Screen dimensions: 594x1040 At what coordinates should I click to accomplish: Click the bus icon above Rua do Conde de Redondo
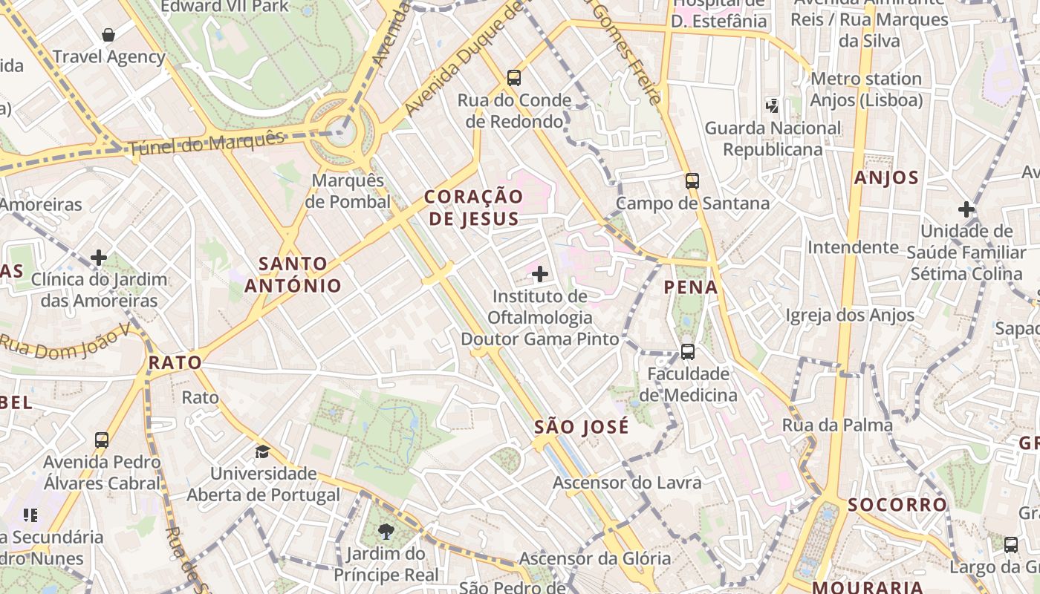513,77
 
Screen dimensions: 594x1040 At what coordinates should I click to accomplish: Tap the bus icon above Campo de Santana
692,180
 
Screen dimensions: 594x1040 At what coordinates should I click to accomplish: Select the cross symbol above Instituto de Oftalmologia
540,275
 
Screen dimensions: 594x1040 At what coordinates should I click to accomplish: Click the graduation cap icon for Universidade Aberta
262,451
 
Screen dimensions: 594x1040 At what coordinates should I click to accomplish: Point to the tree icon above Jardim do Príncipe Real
386,531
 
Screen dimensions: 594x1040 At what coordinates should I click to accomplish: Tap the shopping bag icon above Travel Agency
108,35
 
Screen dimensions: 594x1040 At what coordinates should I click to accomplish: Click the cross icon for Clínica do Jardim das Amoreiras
99,258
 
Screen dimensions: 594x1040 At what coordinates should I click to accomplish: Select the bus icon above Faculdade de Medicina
688,351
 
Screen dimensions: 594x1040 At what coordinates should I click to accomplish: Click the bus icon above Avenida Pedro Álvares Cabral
102,440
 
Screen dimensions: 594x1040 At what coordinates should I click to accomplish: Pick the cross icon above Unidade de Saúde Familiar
966,209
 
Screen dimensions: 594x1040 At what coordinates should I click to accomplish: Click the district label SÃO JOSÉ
582,427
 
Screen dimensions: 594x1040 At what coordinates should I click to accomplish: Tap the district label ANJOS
886,177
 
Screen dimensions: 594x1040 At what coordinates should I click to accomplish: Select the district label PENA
691,287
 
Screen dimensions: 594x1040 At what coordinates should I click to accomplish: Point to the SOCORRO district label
897,505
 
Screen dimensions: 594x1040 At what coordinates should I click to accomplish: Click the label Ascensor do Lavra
627,483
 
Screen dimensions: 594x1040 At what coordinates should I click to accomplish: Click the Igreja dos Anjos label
851,316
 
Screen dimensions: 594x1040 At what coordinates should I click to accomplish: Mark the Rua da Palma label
837,425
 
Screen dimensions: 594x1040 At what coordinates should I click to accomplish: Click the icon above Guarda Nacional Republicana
773,106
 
